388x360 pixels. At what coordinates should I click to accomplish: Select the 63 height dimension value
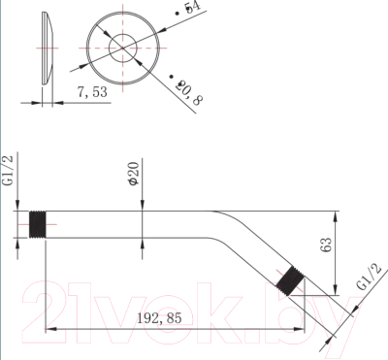click(x=326, y=246)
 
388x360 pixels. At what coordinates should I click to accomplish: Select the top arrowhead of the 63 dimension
click(x=335, y=216)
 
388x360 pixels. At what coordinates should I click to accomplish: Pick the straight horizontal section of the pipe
click(x=126, y=226)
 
